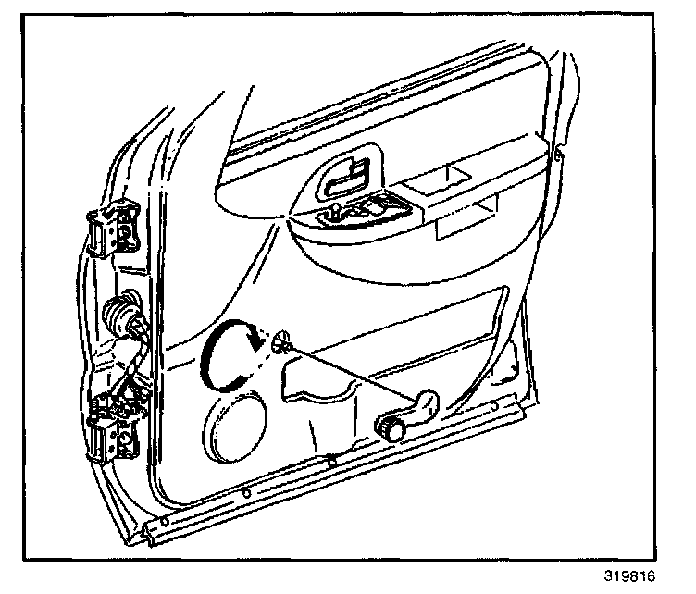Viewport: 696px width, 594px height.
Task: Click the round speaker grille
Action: [235, 428]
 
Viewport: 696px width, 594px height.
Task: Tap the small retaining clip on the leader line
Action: [283, 344]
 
